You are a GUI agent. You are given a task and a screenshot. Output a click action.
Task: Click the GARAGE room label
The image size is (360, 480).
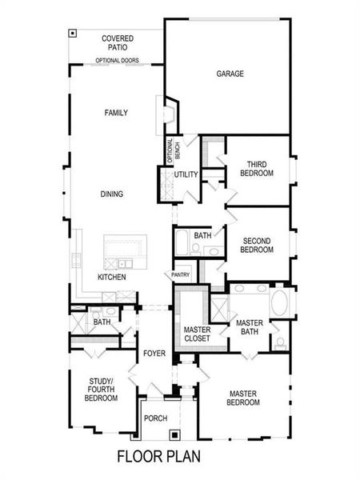(230, 74)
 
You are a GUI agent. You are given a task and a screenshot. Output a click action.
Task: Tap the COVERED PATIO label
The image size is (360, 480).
(118, 43)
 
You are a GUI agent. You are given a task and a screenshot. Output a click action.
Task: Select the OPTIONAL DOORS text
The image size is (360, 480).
(117, 61)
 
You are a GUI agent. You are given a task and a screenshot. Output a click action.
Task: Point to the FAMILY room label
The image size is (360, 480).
(116, 113)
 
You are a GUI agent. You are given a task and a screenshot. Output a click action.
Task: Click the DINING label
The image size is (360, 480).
(112, 194)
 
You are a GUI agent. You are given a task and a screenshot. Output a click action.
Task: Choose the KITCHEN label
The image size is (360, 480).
(111, 277)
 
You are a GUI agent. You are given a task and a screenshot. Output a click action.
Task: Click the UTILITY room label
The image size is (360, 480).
(186, 174)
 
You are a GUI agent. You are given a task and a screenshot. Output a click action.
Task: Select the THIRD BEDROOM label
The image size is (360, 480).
(257, 170)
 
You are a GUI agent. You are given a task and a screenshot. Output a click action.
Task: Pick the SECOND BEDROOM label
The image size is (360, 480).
(258, 245)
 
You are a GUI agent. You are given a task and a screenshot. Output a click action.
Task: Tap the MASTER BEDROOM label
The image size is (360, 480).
(245, 398)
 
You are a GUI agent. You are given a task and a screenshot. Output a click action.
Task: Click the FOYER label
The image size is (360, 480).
(154, 353)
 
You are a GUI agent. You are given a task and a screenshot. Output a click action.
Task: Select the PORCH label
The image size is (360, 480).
(154, 418)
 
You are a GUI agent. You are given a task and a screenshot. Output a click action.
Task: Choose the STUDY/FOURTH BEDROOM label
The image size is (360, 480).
(101, 389)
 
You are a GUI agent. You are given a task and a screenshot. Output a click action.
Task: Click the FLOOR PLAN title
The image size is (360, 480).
(158, 458)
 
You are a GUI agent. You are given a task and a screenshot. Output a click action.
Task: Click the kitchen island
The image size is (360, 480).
(125, 252)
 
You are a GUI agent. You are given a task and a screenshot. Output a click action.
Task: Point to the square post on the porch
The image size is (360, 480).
(174, 435)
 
